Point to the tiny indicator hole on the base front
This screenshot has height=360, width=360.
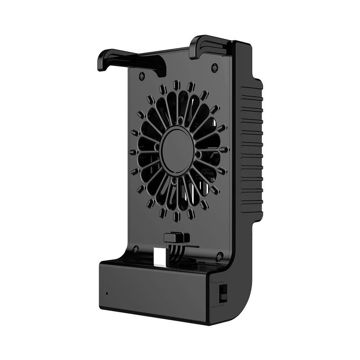coord(107,292)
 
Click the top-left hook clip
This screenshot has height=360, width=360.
coord(108,59)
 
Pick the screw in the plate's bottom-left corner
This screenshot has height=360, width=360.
coord(136,248)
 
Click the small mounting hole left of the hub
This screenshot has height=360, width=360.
coord(157,147)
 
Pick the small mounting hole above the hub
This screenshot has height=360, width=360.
coord(181,123)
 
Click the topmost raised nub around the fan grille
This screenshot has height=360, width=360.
coord(176,84)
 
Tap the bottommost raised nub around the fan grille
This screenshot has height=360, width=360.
coord(177,216)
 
